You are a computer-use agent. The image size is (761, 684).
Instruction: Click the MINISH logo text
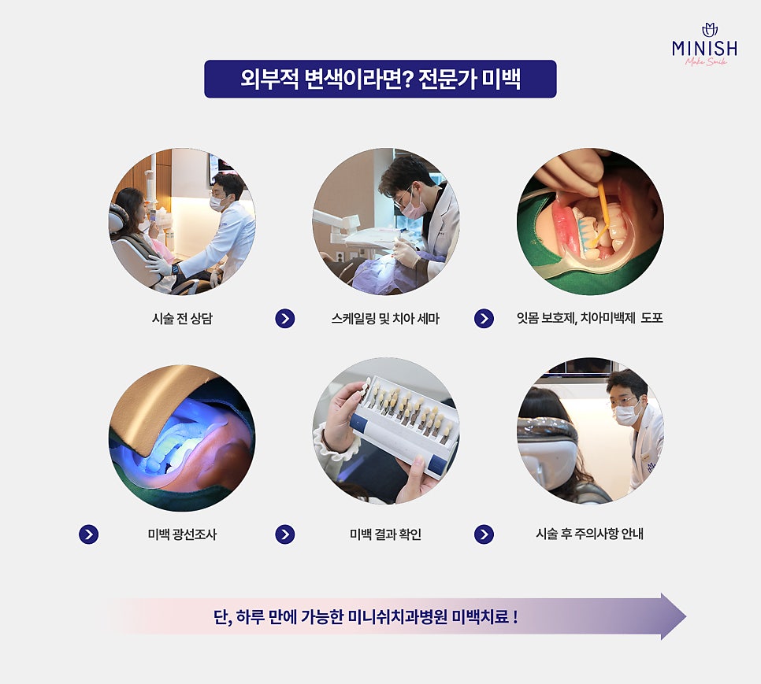click(705, 49)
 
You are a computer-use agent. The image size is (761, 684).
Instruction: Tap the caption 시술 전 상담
click(182, 319)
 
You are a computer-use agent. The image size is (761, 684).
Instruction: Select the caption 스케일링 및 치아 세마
click(385, 319)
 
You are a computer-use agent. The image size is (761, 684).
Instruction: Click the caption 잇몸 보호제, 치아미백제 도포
click(590, 318)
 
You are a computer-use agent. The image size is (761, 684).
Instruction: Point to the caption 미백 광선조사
click(182, 534)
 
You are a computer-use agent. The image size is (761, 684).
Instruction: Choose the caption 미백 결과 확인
click(385, 534)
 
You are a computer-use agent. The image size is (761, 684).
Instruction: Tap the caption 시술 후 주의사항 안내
click(590, 534)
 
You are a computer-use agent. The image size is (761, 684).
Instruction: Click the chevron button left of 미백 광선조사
click(89, 534)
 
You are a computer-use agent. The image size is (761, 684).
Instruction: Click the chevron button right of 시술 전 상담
click(285, 319)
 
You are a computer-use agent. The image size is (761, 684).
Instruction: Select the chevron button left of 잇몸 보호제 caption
click(484, 319)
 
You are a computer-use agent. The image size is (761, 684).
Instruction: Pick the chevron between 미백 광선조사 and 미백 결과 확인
click(285, 534)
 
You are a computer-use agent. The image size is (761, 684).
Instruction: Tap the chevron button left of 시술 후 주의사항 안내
click(484, 534)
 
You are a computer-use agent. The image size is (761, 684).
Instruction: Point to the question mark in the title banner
click(408, 79)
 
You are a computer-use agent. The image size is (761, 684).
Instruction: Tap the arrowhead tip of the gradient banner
click(686, 616)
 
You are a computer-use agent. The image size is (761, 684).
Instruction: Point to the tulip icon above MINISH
click(710, 30)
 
